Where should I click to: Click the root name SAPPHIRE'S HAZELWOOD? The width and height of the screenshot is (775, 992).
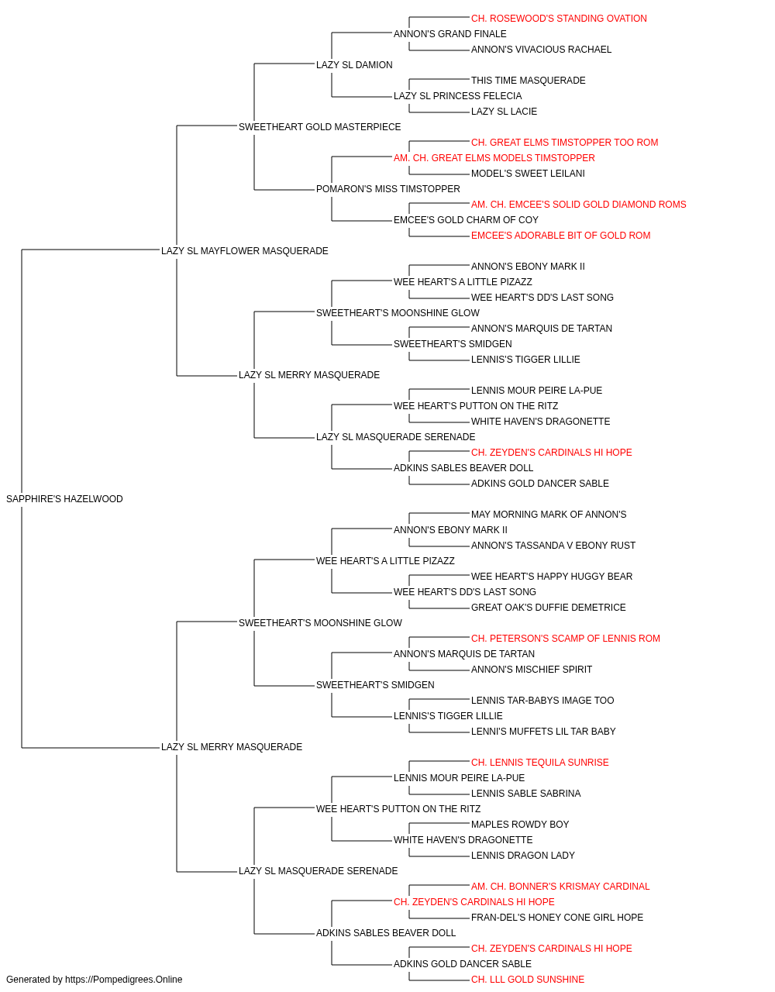coord(64,498)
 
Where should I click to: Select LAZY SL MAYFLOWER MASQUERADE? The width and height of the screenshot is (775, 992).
coord(245,250)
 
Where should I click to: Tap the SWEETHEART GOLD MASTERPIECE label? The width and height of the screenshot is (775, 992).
coord(319,126)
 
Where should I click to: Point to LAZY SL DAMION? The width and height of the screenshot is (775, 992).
coord(354,64)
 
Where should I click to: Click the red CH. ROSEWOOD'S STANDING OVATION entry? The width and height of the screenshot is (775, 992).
coord(559,19)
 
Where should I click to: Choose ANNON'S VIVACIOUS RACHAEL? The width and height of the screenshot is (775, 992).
coord(541,49)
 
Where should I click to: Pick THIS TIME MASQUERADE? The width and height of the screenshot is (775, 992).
coord(528,80)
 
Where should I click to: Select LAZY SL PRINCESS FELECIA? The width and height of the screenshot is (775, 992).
coord(457,95)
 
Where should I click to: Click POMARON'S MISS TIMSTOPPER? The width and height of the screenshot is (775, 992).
coord(388,188)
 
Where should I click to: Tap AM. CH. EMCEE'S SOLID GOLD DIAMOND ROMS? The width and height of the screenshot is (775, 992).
coord(578,204)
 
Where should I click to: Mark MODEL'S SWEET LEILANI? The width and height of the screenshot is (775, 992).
coord(528,173)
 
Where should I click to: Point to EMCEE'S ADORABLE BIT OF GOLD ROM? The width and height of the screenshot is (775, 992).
coord(560,235)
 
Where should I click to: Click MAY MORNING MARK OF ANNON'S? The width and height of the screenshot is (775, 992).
coord(549,514)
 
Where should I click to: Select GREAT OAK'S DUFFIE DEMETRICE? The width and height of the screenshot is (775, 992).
coord(548,607)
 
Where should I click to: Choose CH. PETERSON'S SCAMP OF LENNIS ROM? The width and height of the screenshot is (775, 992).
coord(566,638)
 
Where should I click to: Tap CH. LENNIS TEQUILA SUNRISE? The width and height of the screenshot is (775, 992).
coord(540,762)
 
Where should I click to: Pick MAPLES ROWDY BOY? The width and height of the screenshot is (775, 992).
coord(520,824)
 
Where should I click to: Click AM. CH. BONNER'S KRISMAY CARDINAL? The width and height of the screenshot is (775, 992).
coord(560,886)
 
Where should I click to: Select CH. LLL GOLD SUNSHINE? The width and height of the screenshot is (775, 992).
coord(528,980)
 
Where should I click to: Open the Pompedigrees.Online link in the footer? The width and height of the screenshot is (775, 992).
coord(123,980)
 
